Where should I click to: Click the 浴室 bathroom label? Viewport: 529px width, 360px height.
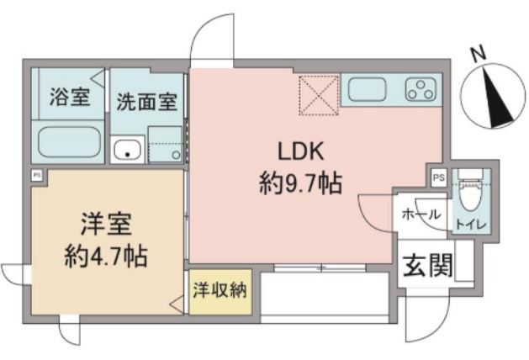(69, 98)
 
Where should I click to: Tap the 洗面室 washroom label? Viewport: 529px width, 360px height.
(145, 102)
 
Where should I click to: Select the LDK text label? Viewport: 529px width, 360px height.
(300, 151)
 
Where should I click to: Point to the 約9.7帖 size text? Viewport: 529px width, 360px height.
(300, 182)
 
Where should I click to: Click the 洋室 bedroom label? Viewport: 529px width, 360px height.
(107, 225)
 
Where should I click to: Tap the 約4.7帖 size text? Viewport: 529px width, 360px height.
(106, 255)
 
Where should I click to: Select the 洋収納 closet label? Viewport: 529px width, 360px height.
(219, 291)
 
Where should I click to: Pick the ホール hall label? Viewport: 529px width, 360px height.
(421, 214)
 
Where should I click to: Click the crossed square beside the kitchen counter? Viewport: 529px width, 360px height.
(319, 94)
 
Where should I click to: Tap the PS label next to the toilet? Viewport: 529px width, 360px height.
(438, 177)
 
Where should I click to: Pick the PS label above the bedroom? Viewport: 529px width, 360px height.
(37, 175)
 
